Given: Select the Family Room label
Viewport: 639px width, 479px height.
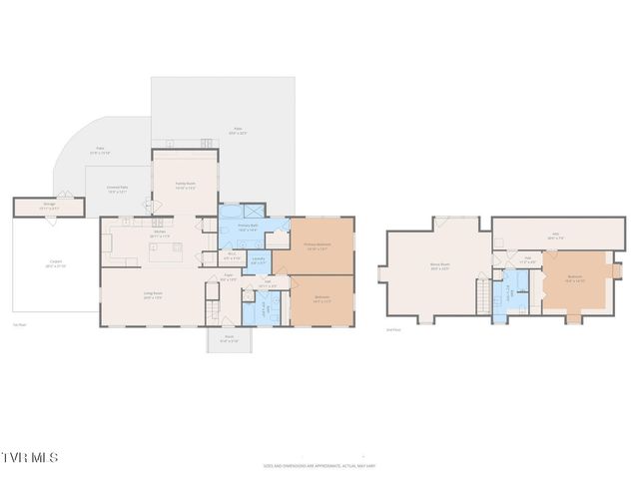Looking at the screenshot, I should [185, 186].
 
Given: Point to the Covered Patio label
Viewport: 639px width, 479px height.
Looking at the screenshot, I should [118, 190].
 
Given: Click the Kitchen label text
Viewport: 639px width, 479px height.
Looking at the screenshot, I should [160, 236].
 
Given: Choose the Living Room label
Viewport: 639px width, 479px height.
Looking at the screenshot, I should [152, 295].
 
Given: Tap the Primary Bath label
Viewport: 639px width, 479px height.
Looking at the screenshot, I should [248, 228].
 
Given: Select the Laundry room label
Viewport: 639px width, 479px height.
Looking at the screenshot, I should [258, 261].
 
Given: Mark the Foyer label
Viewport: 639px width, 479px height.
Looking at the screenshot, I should [229, 278].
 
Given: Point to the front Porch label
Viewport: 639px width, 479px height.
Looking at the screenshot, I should [230, 340].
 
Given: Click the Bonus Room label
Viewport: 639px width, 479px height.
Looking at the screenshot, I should [439, 266].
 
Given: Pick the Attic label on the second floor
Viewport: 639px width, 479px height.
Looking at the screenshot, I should [556, 238].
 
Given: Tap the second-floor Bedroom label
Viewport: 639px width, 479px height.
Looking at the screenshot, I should [574, 279].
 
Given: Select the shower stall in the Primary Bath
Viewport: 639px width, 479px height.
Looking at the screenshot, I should [253, 211].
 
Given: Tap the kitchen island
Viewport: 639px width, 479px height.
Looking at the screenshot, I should [165, 251].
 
